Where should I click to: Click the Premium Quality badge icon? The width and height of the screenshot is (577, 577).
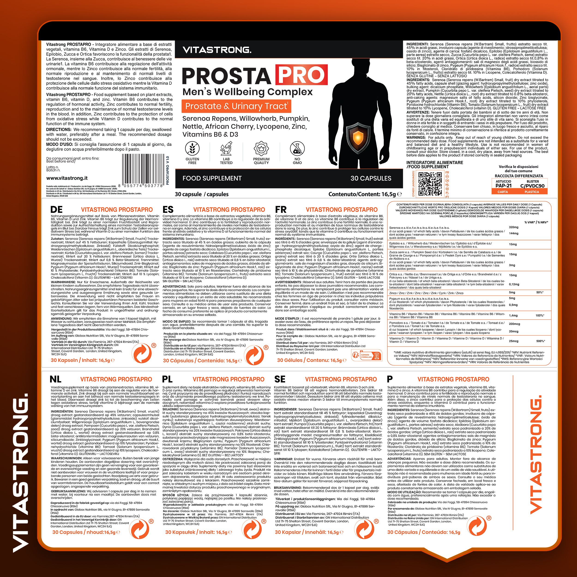point(261,148)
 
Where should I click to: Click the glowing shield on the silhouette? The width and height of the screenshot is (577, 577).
point(358,138)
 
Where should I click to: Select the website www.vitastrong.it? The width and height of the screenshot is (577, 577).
point(67,178)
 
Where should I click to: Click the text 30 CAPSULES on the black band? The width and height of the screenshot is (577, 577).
point(371,178)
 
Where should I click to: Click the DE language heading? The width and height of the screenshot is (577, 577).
point(57,210)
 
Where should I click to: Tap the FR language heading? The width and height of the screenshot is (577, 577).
point(281,210)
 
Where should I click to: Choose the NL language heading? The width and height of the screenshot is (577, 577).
point(56,379)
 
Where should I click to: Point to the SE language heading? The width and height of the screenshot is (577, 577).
point(279,379)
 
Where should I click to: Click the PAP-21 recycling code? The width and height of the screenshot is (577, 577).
point(504,186)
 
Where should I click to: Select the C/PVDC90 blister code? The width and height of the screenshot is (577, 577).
point(532,186)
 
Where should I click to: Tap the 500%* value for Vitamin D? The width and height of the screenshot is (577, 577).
point(540,341)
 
